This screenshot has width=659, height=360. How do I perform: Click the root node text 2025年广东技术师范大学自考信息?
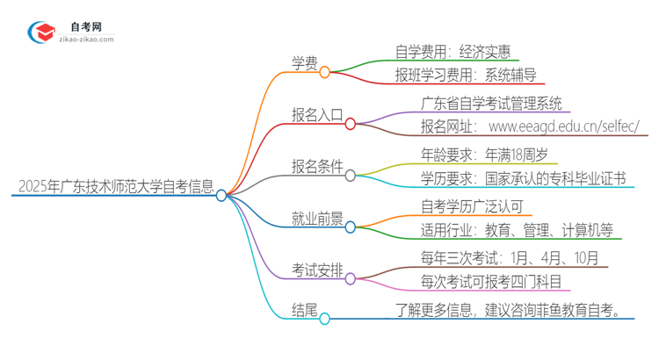[115, 186]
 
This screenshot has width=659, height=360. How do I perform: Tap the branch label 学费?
[304, 62]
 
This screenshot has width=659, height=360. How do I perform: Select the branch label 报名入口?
[317, 114]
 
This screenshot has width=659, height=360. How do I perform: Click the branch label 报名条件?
[317, 166]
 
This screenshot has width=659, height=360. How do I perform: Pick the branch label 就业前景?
[317, 218]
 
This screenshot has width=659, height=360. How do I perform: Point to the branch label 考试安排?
[317, 269]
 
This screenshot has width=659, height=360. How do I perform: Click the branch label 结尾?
[304, 309]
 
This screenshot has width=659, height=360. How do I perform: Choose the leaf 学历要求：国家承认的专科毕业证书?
[523, 179]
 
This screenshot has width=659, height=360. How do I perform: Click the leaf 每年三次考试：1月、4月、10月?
[510, 258]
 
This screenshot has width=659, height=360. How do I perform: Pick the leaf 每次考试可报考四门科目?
[490, 282]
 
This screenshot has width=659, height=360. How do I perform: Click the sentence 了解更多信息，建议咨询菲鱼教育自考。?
[514, 309]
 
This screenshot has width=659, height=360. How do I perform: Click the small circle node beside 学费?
[325, 73]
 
